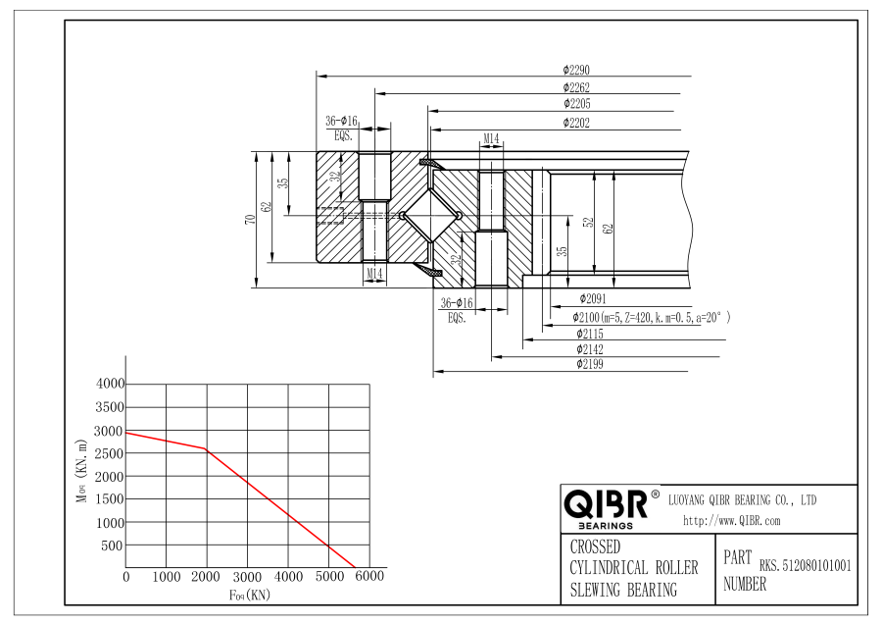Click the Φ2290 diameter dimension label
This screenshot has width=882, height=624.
(x=576, y=70)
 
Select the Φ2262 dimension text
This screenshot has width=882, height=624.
(x=576, y=87)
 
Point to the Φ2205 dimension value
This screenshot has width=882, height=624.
(x=576, y=104)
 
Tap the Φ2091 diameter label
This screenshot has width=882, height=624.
(x=593, y=299)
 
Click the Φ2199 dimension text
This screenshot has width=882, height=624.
(x=590, y=364)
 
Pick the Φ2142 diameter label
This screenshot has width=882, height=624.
(x=590, y=349)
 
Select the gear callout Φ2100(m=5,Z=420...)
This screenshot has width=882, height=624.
(x=652, y=318)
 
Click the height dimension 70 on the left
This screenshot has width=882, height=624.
(x=250, y=219)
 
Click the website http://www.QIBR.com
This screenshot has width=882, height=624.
(x=732, y=521)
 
